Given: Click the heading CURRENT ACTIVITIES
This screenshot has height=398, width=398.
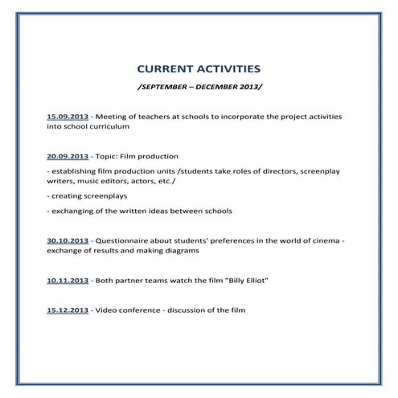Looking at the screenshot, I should [199, 70].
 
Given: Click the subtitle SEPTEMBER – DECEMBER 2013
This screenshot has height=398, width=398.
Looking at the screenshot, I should [199, 86].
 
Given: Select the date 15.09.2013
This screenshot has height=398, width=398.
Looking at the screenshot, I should [68, 117].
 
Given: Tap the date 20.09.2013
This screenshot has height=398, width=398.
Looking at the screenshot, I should [68, 156].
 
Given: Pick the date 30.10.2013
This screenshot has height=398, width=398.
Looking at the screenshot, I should [68, 240].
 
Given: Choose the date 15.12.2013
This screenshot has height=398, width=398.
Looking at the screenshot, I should [68, 310].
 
